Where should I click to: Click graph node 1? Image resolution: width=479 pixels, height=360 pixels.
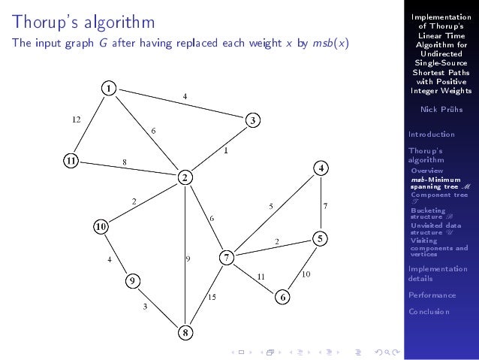109,88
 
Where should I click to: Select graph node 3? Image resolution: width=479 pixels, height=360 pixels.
254,120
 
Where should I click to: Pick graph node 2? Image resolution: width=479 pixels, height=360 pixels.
184,177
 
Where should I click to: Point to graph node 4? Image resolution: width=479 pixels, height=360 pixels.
321,168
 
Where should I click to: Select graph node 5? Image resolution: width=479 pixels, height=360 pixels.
320,238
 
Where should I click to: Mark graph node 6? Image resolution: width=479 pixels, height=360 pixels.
282,297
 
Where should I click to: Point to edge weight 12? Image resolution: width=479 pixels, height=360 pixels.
76,119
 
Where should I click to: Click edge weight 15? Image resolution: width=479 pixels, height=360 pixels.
212,298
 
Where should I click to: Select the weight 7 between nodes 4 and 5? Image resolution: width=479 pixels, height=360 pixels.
325,205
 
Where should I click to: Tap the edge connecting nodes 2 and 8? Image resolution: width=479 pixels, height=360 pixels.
185,241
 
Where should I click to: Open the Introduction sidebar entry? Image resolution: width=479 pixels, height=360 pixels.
431,135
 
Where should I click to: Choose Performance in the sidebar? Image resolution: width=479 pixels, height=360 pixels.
432,295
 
